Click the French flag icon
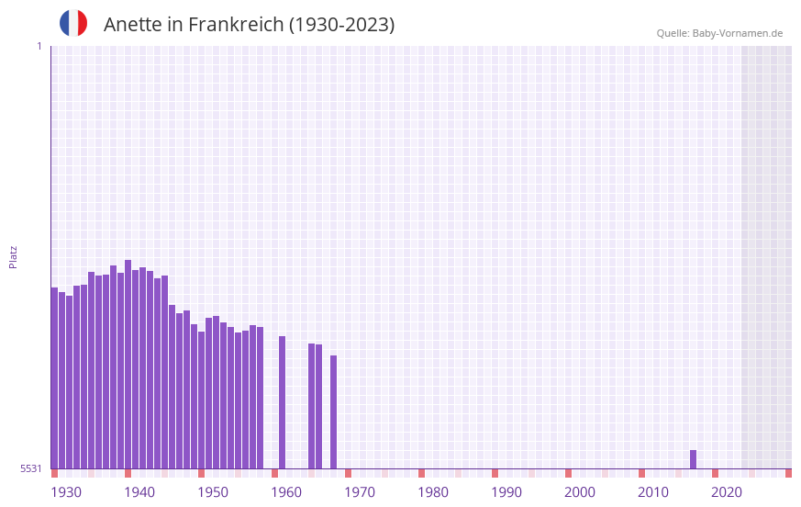point(73,23)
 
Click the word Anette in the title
point(134,25)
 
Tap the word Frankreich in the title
point(236,25)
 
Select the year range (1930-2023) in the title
point(341,25)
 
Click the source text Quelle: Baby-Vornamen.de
point(719,33)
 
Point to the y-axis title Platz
point(13,256)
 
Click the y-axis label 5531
point(31,468)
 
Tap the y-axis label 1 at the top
point(39,46)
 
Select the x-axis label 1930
point(66,492)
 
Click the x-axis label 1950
point(213,492)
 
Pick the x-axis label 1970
point(360,492)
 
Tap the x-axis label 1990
point(506,492)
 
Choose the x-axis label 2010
point(653,492)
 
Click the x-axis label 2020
point(727,492)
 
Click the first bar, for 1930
point(55,377)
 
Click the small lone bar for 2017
point(694,459)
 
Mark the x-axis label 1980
point(433,492)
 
